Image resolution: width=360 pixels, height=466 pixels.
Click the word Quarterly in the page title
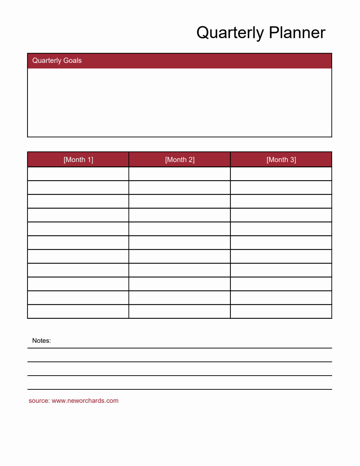pyautogui.click(x=229, y=33)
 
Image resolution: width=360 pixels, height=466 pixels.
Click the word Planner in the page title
pyautogui.click(x=297, y=33)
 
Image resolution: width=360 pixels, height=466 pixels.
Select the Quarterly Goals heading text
pyautogui.click(x=57, y=60)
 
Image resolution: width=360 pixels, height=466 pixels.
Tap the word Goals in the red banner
pyautogui.click(x=72, y=60)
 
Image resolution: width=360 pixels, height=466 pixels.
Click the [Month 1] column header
pyautogui.click(x=78, y=160)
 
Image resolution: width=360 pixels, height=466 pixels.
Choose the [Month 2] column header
pyautogui.click(x=180, y=160)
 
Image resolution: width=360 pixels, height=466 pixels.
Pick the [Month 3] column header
pyautogui.click(x=281, y=160)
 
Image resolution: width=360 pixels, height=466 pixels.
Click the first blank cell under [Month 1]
pyautogui.click(x=78, y=174)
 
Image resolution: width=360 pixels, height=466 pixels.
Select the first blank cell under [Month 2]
pyautogui.click(x=180, y=174)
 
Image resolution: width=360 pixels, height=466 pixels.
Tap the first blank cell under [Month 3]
pyautogui.click(x=281, y=174)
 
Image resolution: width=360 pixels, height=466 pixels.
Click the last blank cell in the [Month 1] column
pyautogui.click(x=78, y=311)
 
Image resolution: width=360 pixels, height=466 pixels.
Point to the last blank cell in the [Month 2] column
pyautogui.click(x=180, y=311)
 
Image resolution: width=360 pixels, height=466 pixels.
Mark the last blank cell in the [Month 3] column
pyautogui.click(x=281, y=311)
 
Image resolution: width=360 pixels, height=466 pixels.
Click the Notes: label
pyautogui.click(x=41, y=341)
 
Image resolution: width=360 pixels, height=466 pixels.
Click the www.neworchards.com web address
pyautogui.click(x=85, y=401)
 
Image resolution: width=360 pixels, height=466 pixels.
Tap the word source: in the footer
pyautogui.click(x=39, y=401)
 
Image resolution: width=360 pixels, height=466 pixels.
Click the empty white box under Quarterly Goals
pyautogui.click(x=180, y=102)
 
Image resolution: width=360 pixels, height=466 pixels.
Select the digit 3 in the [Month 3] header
pyautogui.click(x=293, y=160)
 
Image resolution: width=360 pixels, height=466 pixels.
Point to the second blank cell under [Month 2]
pyautogui.click(x=180, y=187)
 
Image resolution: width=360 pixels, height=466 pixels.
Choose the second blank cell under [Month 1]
pyautogui.click(x=78, y=187)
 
